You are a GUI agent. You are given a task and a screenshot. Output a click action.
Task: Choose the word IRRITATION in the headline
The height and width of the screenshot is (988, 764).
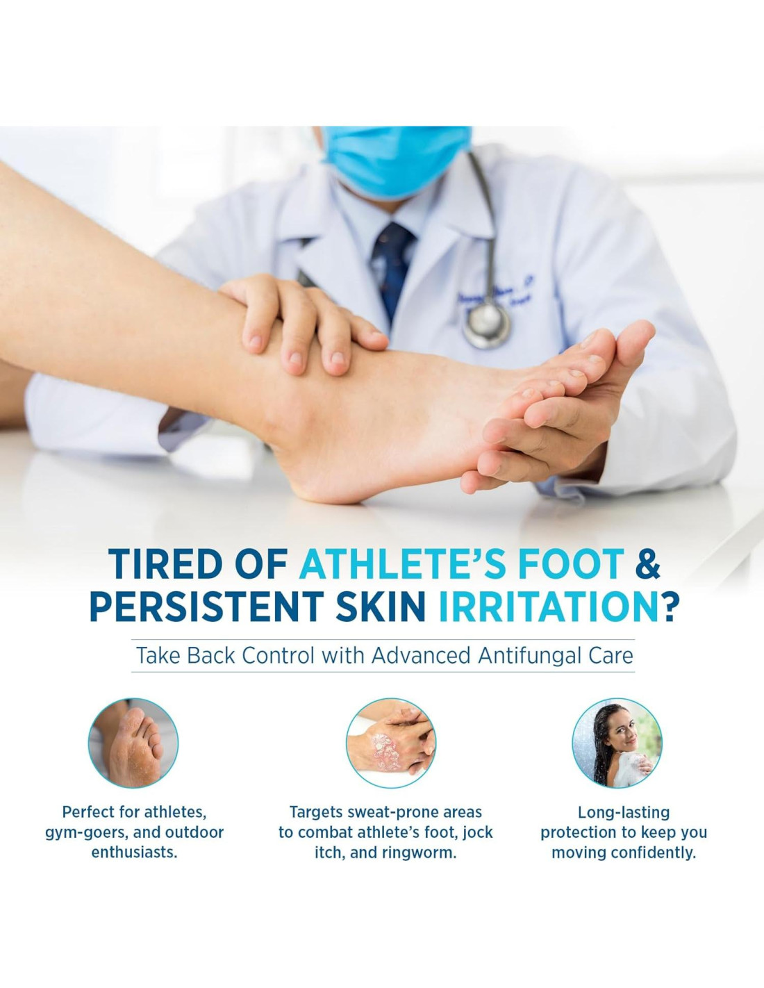pos(541,606)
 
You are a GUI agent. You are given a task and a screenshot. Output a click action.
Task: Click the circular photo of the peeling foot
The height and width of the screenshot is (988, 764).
pos(133,743)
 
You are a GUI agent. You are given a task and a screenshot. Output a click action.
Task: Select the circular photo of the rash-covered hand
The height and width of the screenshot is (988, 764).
pos(391,743)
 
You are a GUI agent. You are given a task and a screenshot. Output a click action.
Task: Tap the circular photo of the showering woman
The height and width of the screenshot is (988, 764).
pos(617,743)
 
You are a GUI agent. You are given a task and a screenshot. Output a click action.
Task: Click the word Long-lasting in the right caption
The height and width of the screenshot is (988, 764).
pos(624,813)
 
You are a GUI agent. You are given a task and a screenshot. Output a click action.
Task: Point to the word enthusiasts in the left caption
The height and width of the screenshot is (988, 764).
pos(134,853)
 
